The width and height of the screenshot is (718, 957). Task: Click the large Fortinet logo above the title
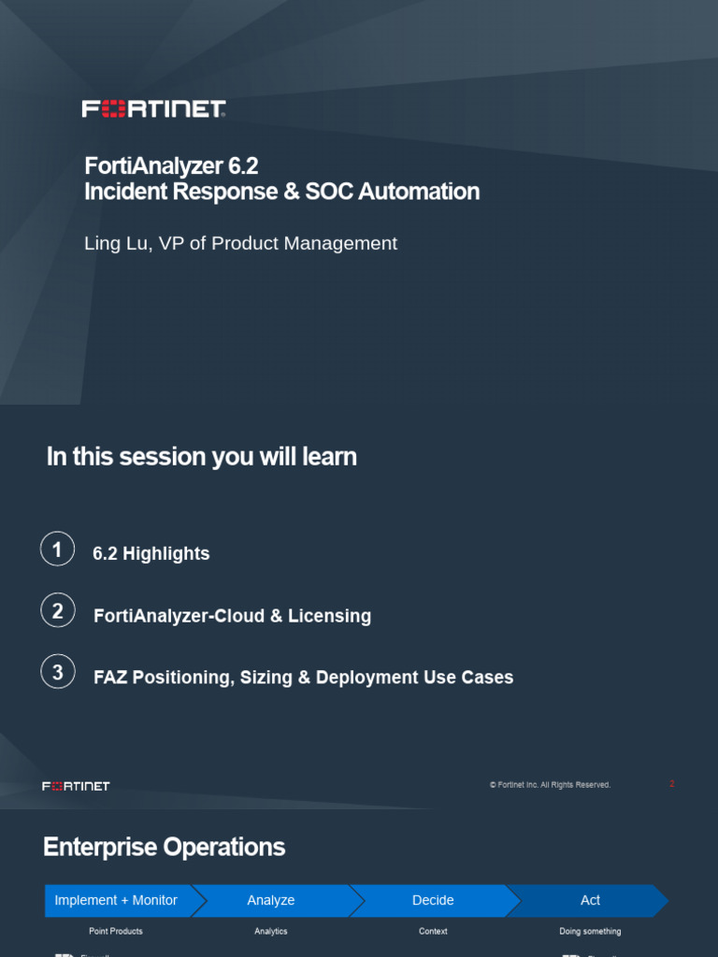154,109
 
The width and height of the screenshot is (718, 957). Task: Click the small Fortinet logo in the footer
76,786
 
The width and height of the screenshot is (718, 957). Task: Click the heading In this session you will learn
201,457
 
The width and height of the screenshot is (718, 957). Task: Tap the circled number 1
57,549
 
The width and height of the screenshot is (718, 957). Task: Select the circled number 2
57,611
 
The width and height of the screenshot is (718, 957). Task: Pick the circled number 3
57,672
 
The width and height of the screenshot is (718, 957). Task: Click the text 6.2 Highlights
151,554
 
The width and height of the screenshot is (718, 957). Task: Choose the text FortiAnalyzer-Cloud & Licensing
232,616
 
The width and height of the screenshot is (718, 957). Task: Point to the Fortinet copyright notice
550,785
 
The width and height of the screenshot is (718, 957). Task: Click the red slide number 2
671,784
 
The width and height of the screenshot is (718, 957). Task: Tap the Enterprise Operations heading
164,848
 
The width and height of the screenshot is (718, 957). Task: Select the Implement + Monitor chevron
116,900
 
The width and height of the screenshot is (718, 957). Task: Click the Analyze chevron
271,900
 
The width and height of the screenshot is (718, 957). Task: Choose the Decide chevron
433,900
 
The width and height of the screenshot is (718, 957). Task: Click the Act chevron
590,900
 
